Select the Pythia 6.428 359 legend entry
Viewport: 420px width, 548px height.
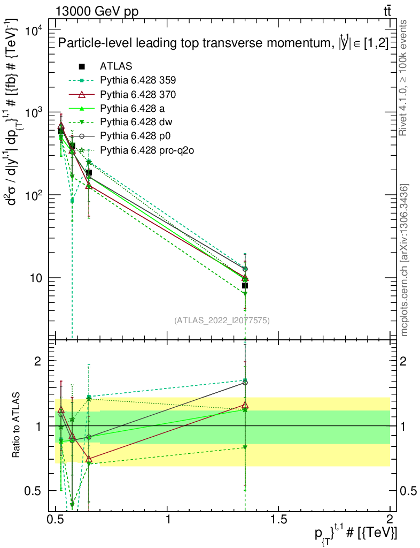point(138,80)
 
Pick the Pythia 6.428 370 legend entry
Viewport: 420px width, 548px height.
point(138,94)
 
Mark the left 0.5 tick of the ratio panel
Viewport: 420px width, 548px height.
point(37,491)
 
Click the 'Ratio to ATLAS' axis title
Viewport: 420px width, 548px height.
point(17,425)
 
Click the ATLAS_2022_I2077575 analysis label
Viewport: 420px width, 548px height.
point(222,321)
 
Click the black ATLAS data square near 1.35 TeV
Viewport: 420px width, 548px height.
point(245,286)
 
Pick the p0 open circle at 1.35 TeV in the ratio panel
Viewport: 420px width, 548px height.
point(245,383)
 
